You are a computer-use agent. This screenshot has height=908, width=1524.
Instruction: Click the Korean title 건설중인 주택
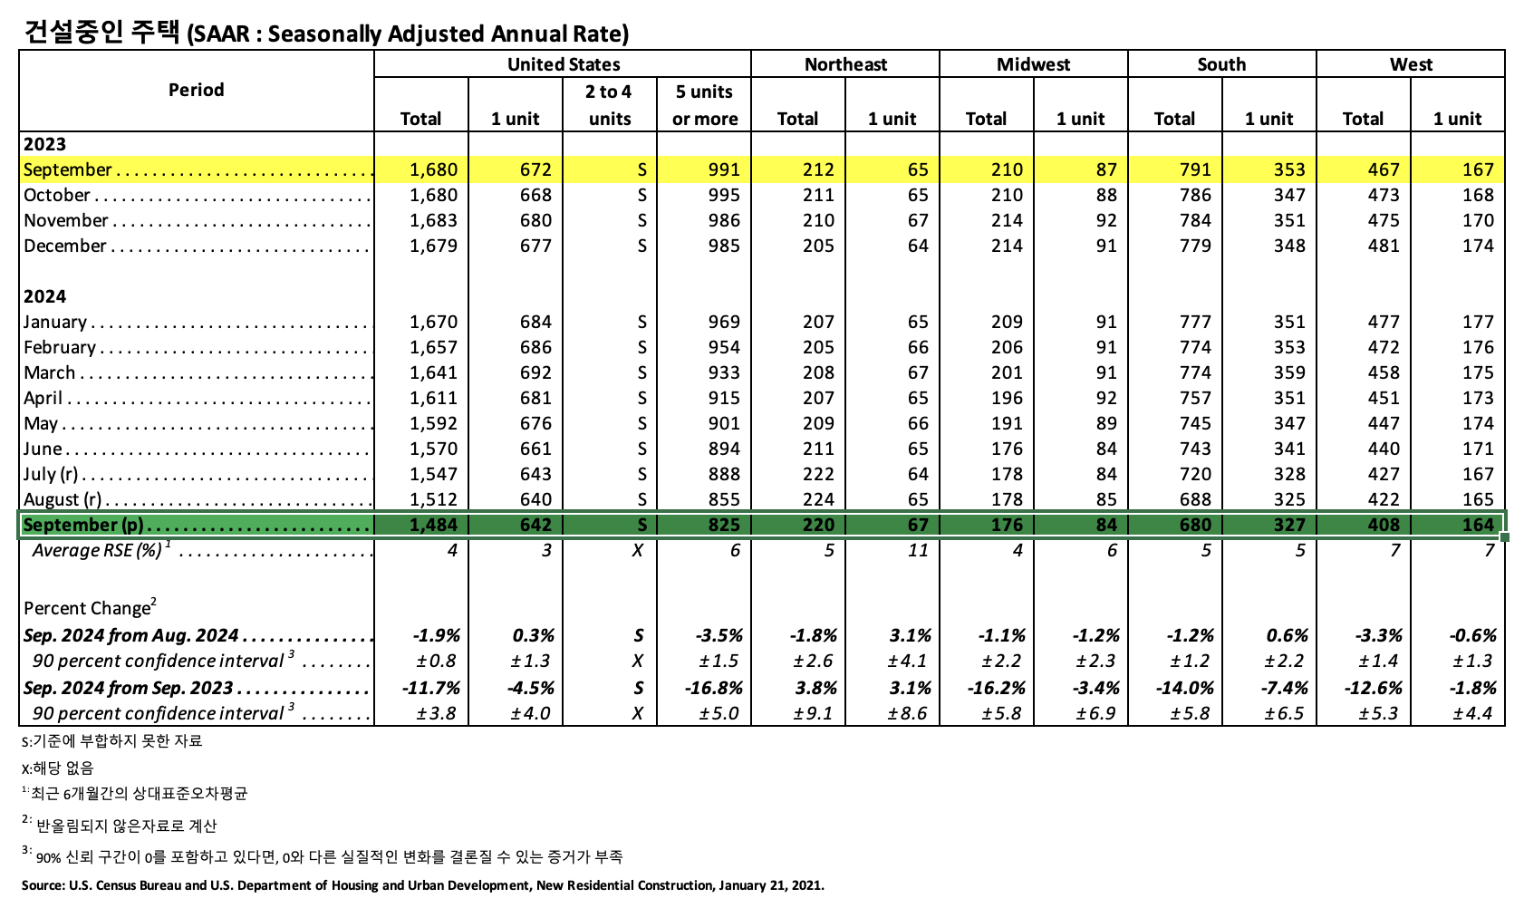pyautogui.click(x=101, y=33)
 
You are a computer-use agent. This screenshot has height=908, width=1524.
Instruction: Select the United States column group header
pyautogui.click(x=563, y=64)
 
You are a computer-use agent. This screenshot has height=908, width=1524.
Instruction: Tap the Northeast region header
pyautogui.click(x=845, y=64)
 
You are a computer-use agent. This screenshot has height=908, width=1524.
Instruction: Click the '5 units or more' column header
pyautogui.click(x=704, y=105)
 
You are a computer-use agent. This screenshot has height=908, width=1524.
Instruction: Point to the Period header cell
pyautogui.click(x=196, y=90)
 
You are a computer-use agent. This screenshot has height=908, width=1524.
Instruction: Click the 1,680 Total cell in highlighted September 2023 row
pyautogui.click(x=433, y=169)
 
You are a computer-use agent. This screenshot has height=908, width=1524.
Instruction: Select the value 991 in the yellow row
pyautogui.click(x=724, y=169)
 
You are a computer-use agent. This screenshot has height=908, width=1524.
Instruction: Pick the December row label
pyautogui.click(x=65, y=246)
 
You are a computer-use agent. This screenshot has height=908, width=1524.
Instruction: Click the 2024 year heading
pyautogui.click(x=45, y=296)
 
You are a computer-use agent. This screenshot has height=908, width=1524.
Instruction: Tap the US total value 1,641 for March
pyautogui.click(x=433, y=372)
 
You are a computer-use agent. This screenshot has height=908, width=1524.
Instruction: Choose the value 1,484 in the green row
pyautogui.click(x=433, y=525)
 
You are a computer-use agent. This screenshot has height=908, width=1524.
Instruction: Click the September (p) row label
pyautogui.click(x=83, y=525)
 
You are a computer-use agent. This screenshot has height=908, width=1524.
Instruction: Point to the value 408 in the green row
pyautogui.click(x=1384, y=525)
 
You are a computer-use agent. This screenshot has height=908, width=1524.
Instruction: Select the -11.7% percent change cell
pyautogui.click(x=430, y=688)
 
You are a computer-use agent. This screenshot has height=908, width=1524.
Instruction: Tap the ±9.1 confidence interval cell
pyautogui.click(x=813, y=713)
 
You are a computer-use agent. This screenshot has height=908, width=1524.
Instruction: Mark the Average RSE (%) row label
pyautogui.click(x=97, y=550)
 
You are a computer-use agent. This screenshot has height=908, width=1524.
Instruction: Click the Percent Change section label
pyautogui.click(x=87, y=608)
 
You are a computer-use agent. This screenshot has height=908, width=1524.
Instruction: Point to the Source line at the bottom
pyautogui.click(x=422, y=885)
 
